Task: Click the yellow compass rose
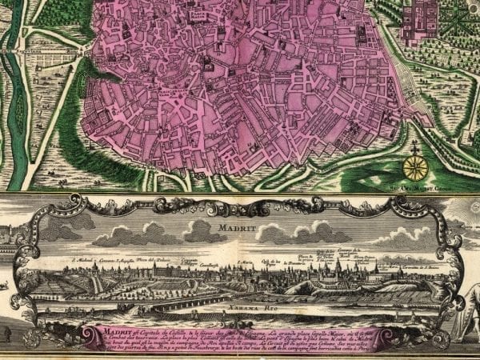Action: tap(415, 167)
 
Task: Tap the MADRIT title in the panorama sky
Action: tap(231, 227)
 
